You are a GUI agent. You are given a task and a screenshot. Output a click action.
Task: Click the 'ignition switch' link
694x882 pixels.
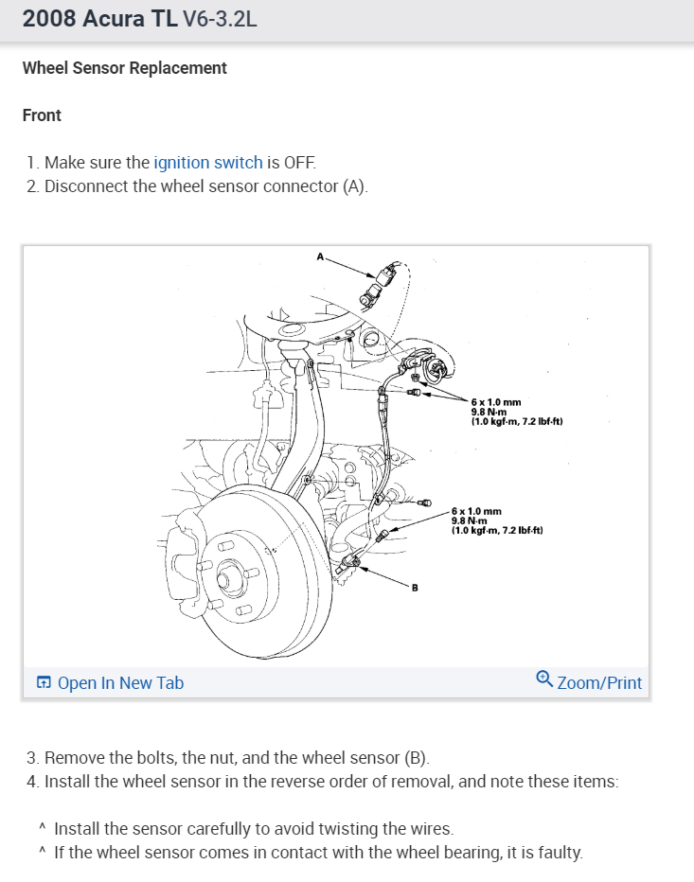[207, 162]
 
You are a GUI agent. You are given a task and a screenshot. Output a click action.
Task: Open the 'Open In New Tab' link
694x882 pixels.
[120, 682]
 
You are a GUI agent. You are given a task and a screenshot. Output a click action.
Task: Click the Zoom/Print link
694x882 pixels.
[599, 682]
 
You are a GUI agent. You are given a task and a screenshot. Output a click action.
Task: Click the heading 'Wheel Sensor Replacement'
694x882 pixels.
[124, 68]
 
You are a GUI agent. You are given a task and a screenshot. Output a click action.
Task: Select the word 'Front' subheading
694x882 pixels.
[42, 115]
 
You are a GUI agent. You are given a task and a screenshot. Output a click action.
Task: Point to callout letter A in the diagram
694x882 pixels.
[320, 256]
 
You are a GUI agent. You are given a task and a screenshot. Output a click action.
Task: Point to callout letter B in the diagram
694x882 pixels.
[414, 588]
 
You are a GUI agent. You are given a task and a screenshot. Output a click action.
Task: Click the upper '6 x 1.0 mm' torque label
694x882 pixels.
[496, 402]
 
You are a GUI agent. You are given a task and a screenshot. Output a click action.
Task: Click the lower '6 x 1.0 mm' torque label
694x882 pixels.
[476, 511]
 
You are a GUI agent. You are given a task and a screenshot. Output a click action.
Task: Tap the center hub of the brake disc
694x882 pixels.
[227, 575]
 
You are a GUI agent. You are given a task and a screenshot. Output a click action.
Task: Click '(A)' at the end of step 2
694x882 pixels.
[354, 185]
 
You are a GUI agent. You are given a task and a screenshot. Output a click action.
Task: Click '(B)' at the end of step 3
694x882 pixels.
[417, 758]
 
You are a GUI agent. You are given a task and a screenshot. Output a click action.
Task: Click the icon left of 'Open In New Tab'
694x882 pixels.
[44, 682]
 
